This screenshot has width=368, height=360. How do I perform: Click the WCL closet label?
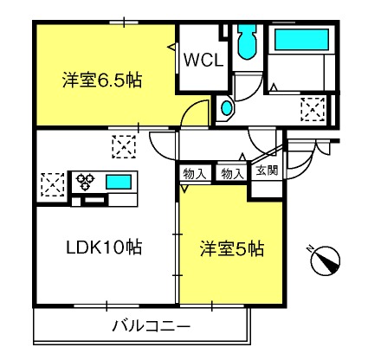203,61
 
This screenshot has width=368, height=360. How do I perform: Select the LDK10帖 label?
104,247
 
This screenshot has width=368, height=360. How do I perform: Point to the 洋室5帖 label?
232,248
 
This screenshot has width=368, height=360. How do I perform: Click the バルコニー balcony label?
152,326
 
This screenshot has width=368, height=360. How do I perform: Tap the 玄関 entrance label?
267,170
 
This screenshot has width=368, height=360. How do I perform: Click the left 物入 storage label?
194,173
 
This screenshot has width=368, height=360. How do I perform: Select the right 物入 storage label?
232,173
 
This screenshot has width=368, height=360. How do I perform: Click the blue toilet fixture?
248,42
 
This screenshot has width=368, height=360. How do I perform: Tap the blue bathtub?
301,40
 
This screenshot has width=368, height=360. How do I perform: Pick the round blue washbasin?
226,108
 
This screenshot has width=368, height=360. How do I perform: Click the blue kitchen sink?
119,182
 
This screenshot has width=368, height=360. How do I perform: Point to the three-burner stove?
86,182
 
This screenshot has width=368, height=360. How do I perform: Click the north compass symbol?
325,260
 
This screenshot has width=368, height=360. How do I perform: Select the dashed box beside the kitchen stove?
53,184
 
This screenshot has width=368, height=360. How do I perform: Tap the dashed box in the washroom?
313,109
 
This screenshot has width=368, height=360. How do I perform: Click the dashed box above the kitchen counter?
124,146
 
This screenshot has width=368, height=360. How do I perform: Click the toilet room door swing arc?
254,93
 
